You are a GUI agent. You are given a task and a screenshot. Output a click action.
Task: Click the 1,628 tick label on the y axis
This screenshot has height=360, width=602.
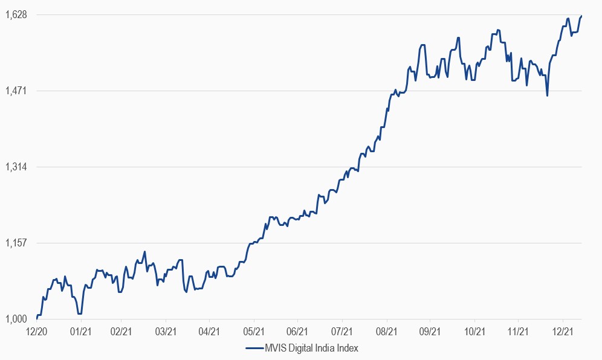click(15, 14)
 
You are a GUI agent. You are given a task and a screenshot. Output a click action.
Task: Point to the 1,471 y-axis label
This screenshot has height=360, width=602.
click(15, 91)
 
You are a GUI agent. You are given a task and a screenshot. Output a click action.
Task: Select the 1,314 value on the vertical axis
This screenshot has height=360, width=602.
click(15, 167)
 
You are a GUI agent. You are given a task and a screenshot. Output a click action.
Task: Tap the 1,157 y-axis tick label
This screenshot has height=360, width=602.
click(15, 243)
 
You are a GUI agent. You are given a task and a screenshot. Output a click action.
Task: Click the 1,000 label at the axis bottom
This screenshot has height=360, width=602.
click(15, 319)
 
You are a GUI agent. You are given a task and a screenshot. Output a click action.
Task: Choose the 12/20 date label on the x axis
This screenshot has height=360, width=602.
click(37, 332)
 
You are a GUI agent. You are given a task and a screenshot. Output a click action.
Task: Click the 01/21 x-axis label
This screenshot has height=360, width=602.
click(81, 332)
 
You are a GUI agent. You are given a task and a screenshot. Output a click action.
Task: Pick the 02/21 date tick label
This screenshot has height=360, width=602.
click(121, 332)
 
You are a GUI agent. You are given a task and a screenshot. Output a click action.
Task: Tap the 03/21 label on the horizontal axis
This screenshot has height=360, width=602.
click(165, 332)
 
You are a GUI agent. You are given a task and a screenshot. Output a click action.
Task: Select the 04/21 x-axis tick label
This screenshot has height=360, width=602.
click(209, 332)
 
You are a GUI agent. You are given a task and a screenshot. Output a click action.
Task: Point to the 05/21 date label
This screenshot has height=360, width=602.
click(254, 332)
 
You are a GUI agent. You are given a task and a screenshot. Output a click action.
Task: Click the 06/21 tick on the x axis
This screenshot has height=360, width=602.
click(298, 332)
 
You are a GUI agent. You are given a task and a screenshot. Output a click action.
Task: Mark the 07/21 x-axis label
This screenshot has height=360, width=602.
click(342, 332)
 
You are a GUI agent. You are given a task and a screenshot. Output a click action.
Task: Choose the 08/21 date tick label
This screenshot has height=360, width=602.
click(386, 332)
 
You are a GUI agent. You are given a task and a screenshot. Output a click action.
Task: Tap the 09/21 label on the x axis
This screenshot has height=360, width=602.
click(430, 332)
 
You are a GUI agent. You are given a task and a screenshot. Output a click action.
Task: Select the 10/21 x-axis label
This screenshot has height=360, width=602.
click(474, 332)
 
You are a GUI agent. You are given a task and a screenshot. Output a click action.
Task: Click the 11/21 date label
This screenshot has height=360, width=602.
click(519, 332)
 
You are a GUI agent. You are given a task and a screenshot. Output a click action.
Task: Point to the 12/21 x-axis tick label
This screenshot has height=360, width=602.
click(563, 332)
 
